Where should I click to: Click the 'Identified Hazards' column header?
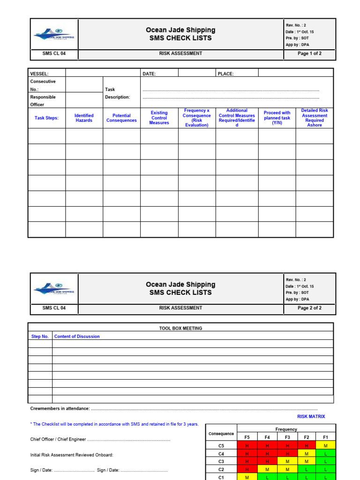coord(84,118)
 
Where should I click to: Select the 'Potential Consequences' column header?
coord(121,118)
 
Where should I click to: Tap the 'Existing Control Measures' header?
coord(159,118)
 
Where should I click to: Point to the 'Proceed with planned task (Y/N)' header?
coord(277,118)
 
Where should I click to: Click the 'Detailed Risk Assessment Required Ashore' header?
coord(315,118)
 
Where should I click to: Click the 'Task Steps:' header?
coord(46,118)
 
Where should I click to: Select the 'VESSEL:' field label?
coord(39,74)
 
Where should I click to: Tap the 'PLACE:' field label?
coord(225,74)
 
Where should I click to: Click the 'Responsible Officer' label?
coord(43,101)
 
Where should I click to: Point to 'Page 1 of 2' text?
coord(309,53)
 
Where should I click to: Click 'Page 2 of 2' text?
coord(309,308)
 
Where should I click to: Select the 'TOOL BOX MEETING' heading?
coord(180,328)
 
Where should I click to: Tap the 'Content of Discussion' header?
coord(77,336)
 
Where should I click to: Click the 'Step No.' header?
coord(40,336)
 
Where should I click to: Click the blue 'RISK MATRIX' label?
coord(311,416)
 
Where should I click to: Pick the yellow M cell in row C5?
coord(325,446)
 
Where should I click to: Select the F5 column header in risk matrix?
coord(247,437)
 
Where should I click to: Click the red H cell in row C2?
coord(247,469)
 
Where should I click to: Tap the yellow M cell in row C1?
coord(247,477)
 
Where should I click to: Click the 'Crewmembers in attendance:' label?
coord(60,409)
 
